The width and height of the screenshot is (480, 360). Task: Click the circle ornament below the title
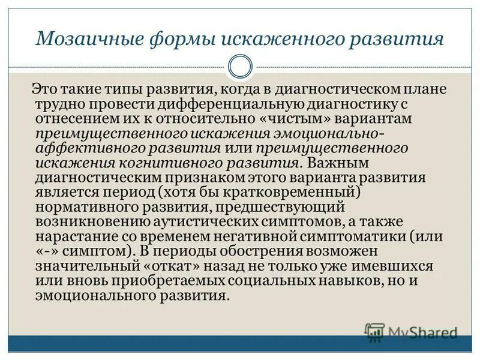click(x=240, y=67)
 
